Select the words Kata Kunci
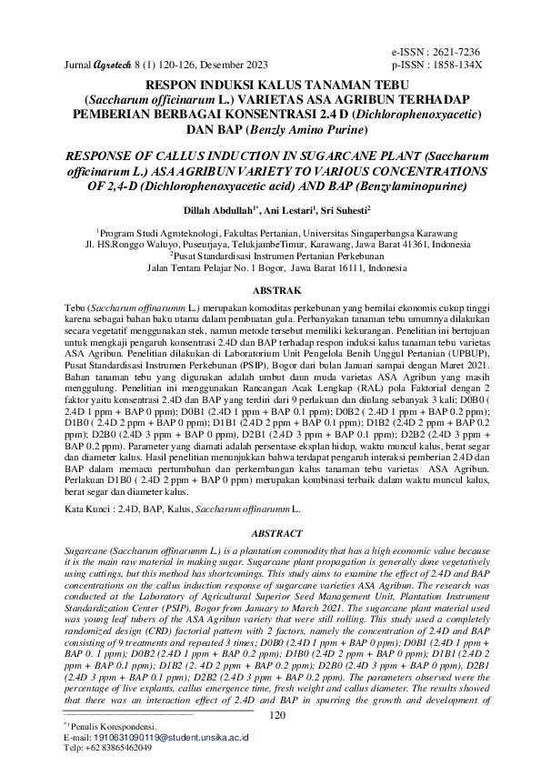pos(92,512)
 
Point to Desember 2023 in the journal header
pos(236,66)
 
